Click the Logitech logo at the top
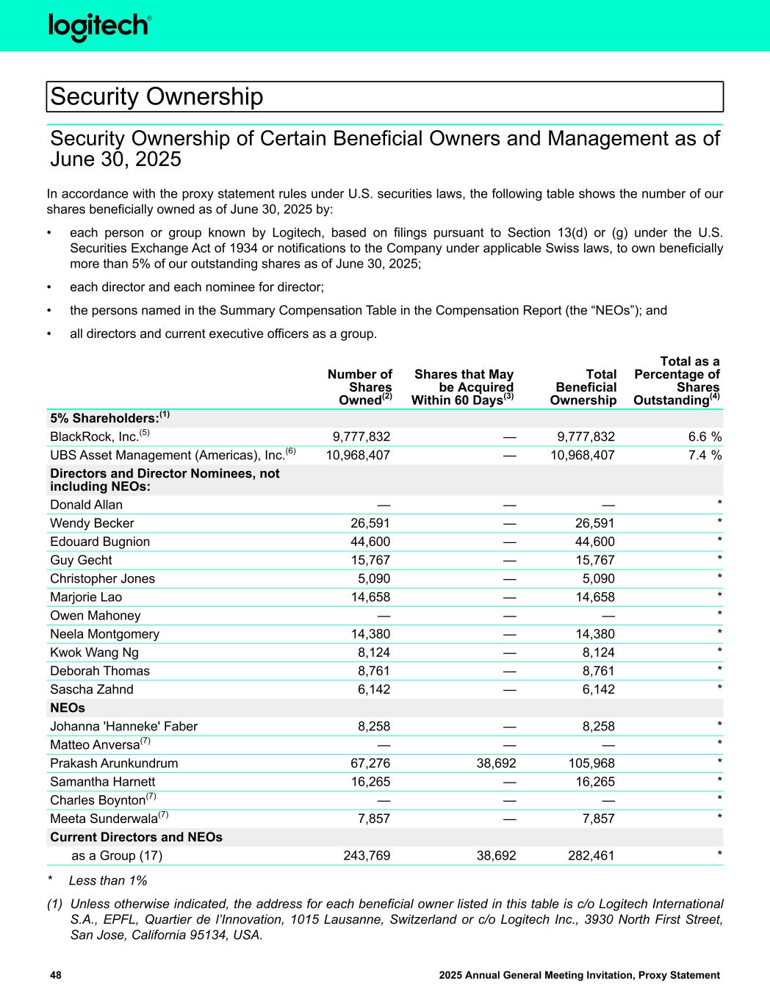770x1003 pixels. point(100,26)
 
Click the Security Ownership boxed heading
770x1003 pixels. point(156,96)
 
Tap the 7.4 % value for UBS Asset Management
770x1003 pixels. point(704,456)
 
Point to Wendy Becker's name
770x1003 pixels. point(92,523)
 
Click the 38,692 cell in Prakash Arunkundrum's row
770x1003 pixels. point(494,763)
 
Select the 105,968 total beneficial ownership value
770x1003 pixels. point(586,763)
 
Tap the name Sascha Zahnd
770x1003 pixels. point(92,689)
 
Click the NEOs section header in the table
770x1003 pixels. point(68,708)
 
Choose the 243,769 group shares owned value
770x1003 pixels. point(367,855)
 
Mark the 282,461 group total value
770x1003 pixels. point(586,855)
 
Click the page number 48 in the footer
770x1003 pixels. point(56,975)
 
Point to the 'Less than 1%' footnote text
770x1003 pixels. point(108,880)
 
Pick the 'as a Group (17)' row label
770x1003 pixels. point(117,855)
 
